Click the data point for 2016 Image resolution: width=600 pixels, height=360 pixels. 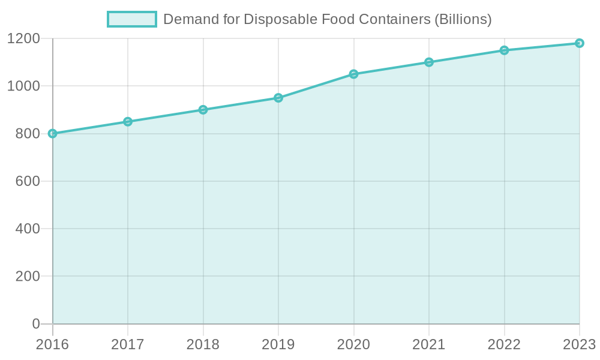(x=53, y=133)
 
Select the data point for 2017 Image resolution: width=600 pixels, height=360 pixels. (x=128, y=122)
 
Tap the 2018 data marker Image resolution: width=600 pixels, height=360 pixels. (x=203, y=110)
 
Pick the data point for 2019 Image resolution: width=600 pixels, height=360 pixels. (x=278, y=98)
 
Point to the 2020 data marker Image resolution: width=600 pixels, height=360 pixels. (x=354, y=74)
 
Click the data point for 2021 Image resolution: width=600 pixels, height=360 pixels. (x=429, y=62)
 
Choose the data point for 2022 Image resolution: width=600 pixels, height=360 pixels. (x=505, y=50)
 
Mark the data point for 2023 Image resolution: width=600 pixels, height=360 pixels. (x=580, y=43)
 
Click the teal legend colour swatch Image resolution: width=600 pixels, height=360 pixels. (x=131, y=19)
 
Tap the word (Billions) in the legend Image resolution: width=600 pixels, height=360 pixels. (x=462, y=19)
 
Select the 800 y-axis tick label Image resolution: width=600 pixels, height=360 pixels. (x=28, y=134)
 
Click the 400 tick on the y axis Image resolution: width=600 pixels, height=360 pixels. (x=28, y=229)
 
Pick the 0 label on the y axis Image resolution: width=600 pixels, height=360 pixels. (x=36, y=324)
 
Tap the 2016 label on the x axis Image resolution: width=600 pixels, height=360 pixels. (x=53, y=344)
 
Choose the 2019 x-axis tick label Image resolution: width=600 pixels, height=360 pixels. (x=278, y=344)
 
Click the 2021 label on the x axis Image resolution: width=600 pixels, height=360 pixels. (x=429, y=344)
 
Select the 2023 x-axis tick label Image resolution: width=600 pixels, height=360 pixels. (x=578, y=344)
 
